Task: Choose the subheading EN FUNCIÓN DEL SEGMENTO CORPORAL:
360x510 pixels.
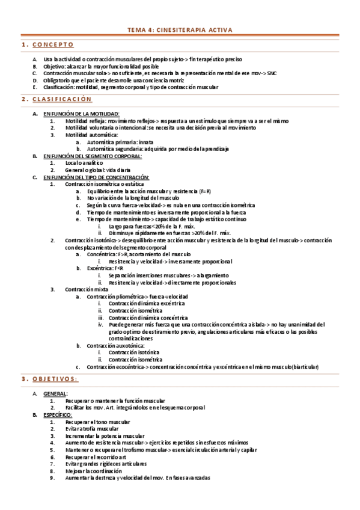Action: pos(93,156)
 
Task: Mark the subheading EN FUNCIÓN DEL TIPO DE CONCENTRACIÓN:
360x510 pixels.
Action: pos(96,177)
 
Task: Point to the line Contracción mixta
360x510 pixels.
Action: pos(87,289)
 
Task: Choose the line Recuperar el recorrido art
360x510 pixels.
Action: pos(97,457)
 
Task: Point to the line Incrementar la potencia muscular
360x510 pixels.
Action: pos(105,436)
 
